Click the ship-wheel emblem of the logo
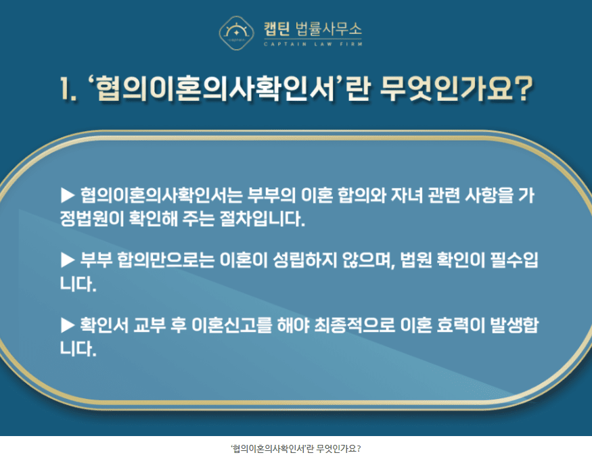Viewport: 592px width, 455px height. [236, 33]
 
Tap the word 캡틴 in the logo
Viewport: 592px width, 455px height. [277, 29]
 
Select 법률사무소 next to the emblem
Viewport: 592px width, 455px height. [328, 29]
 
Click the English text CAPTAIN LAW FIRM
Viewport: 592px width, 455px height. [313, 44]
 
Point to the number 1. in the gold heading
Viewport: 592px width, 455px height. [68, 89]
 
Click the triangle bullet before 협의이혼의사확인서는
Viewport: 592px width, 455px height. [68, 195]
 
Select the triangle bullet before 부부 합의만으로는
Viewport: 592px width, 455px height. [68, 260]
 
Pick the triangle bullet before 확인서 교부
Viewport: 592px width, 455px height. [68, 325]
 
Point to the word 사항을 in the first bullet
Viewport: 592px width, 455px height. [489, 195]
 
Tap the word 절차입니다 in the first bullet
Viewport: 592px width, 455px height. [262, 219]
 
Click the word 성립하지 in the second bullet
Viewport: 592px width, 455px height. [304, 260]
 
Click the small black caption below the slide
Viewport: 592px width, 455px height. [296, 449]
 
